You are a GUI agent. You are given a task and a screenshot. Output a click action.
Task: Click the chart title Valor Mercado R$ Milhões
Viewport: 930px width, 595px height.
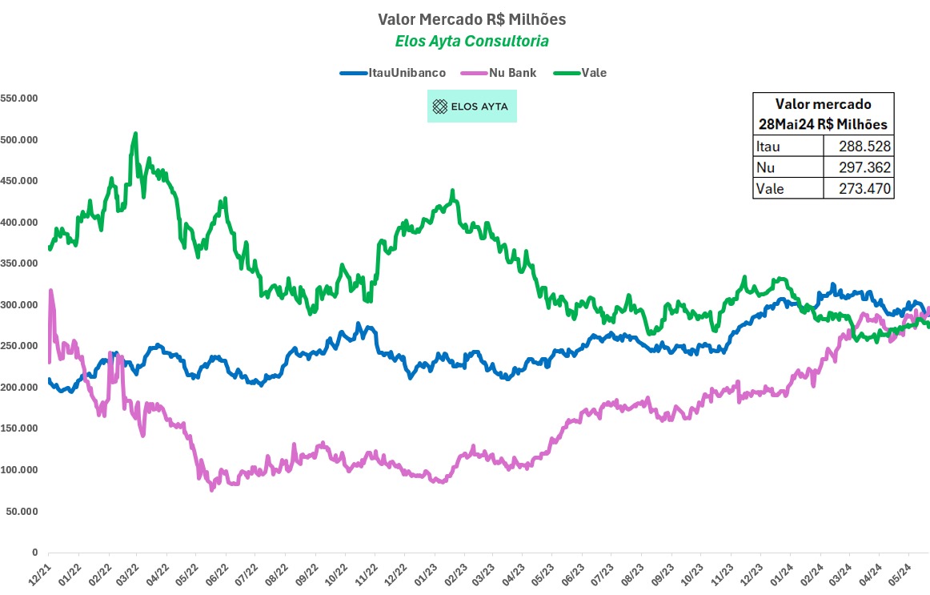pyautogui.click(x=464, y=18)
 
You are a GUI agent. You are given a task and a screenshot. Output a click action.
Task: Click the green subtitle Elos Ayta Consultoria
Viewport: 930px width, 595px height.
pyautogui.click(x=464, y=41)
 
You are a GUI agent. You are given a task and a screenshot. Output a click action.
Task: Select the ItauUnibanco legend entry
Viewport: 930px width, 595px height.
pyautogui.click(x=393, y=73)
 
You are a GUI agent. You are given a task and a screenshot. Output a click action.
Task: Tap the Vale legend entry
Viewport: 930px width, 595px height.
pyautogui.click(x=585, y=73)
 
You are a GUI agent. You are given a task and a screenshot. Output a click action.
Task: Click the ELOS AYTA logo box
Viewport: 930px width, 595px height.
pyautogui.click(x=472, y=106)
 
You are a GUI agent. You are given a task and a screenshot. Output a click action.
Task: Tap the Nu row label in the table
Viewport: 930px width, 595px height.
pyautogui.click(x=764, y=167)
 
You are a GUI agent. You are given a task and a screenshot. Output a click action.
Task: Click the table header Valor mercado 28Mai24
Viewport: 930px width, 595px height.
pyautogui.click(x=824, y=114)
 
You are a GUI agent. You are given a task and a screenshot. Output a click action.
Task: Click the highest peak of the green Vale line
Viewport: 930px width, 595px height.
pyautogui.click(x=135, y=134)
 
